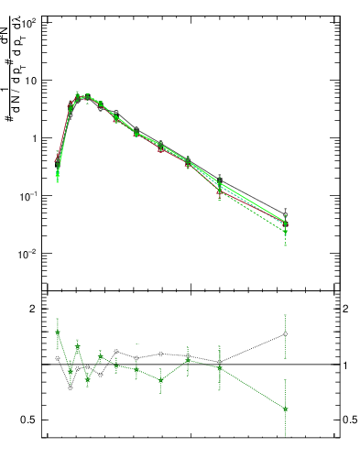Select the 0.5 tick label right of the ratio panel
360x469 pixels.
pos(350,420)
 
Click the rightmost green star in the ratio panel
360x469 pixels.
pos(286,409)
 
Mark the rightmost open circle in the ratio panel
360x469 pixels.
pos(286,333)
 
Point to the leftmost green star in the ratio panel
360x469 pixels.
pos(58,333)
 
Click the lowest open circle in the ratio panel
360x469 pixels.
pos(70,387)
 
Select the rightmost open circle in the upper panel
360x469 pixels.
pos(286,214)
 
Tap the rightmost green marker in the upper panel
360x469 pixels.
pos(286,232)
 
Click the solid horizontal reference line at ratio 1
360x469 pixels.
pos(183,365)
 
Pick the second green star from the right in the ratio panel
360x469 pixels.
pos(220,367)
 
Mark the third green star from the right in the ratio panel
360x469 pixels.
pos(188,360)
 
